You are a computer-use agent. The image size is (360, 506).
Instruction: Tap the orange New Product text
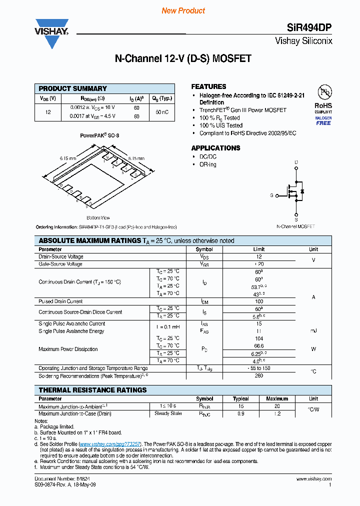coord(183,10)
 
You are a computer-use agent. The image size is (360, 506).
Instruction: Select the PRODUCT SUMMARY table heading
coord(73,88)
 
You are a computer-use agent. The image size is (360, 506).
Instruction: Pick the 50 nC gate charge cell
coord(162,112)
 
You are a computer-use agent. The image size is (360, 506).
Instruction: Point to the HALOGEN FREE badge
coord(323,120)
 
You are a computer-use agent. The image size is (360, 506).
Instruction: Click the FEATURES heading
coord(208,86)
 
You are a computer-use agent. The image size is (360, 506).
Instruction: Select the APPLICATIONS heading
coord(215,148)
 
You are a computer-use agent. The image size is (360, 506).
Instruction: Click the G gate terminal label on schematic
coord(271,195)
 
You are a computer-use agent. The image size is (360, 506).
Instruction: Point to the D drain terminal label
coord(296,162)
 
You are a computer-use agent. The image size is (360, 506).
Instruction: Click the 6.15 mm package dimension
coord(67,158)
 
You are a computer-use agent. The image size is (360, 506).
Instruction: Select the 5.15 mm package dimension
coord(136,158)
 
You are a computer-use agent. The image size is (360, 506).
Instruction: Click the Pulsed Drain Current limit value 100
coord(259,301)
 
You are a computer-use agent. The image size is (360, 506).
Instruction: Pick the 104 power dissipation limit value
coord(259,338)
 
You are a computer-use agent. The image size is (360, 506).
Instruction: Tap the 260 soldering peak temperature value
coord(259,375)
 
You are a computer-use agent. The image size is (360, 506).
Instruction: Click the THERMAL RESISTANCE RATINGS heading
coord(92,390)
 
